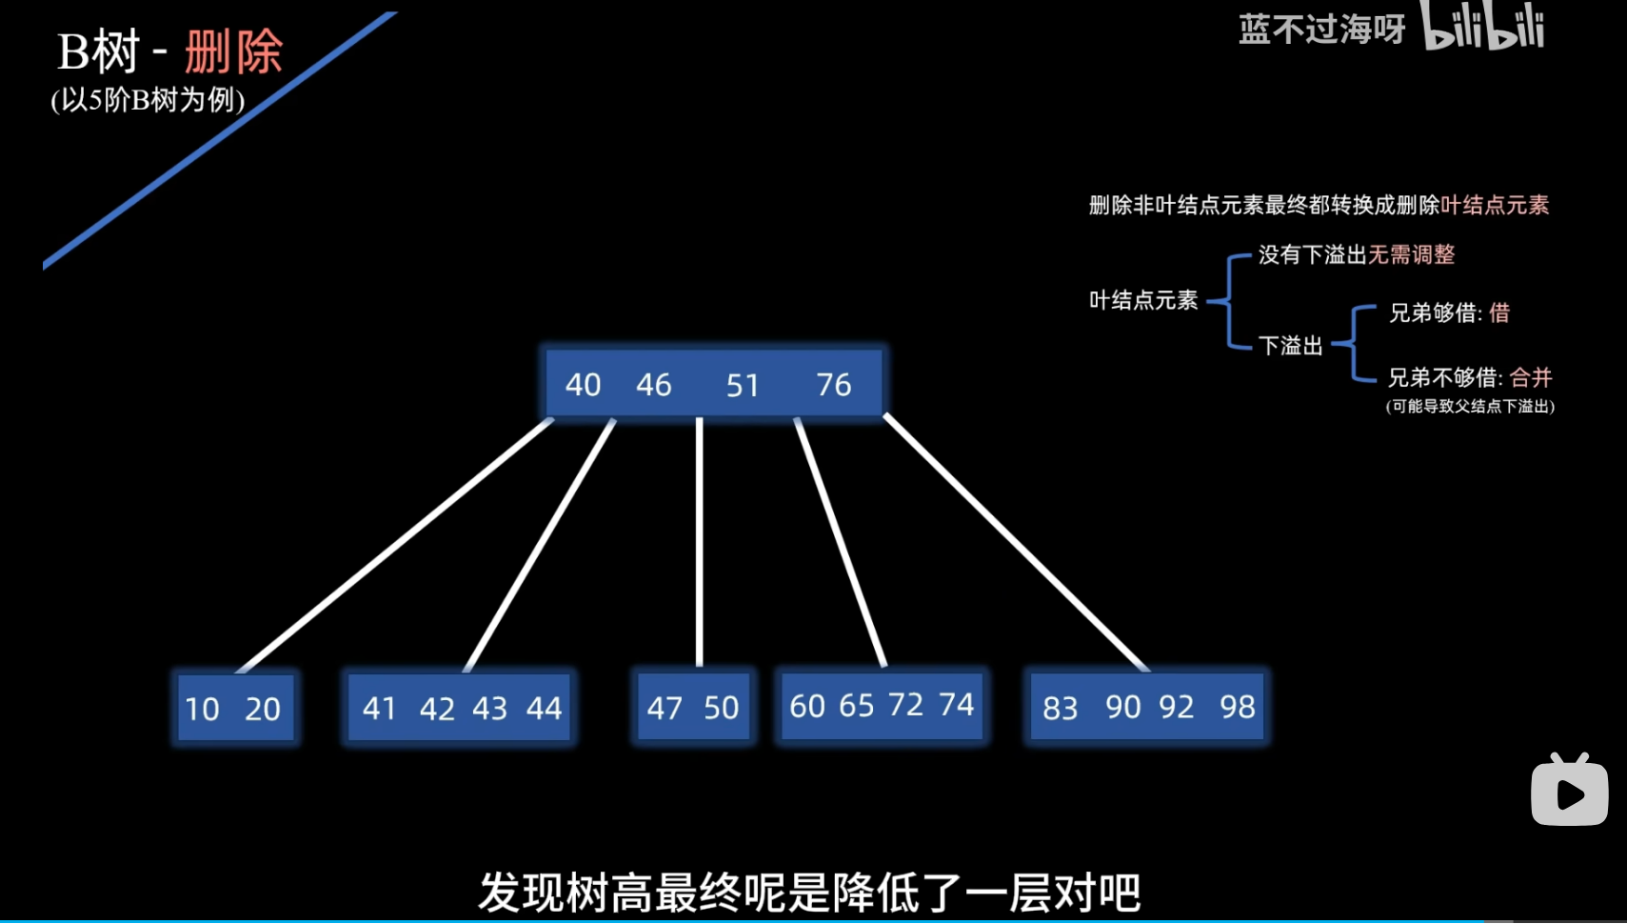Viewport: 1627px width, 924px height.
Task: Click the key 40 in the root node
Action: (x=583, y=385)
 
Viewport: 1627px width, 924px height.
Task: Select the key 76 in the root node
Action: (x=833, y=385)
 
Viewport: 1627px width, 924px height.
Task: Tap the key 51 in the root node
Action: (x=743, y=385)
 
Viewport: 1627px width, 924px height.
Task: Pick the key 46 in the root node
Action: (x=654, y=385)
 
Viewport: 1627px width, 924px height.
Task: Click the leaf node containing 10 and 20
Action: (x=234, y=708)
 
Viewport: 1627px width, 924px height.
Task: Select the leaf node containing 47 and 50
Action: (x=693, y=707)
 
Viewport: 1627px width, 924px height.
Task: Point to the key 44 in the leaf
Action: (x=544, y=708)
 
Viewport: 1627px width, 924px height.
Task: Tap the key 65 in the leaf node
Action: (x=856, y=705)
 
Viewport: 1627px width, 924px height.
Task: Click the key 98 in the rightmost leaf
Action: (x=1237, y=707)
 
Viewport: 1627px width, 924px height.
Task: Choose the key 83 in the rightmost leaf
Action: (x=1060, y=708)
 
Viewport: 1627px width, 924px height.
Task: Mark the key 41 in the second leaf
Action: (x=379, y=708)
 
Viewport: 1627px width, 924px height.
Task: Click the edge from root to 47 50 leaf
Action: (x=700, y=543)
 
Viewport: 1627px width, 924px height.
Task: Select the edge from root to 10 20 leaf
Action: (x=395, y=545)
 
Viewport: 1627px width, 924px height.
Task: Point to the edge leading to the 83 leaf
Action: (x=1017, y=543)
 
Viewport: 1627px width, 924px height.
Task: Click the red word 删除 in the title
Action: (x=233, y=51)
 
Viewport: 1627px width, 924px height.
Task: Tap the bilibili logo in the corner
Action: (x=1482, y=27)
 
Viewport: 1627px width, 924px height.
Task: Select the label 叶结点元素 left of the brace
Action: (x=1143, y=301)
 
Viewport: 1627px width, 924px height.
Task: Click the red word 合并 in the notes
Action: (x=1531, y=377)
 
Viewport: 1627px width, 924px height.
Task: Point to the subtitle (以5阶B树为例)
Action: (x=148, y=100)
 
